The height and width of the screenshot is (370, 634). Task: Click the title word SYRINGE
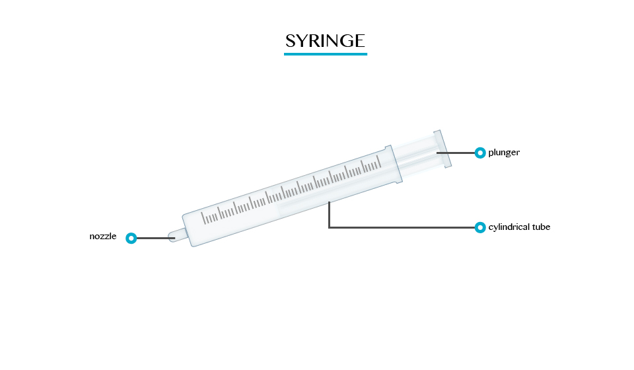pos(325,41)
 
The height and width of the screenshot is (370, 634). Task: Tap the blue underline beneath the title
pos(326,54)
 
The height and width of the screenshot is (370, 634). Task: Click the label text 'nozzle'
pos(103,236)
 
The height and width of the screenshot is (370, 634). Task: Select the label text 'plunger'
pos(504,153)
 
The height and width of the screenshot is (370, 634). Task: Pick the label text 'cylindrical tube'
pos(519,227)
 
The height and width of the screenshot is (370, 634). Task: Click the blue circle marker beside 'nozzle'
pos(131,238)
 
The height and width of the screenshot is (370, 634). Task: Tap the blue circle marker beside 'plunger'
pos(480,153)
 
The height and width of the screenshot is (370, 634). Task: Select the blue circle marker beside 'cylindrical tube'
pos(480,228)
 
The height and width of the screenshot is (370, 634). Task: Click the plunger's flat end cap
pos(442,149)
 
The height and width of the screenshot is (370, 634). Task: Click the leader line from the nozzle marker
pos(156,238)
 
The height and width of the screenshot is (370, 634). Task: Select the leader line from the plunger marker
pos(456,153)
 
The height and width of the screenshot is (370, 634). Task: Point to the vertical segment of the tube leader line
pos(329,215)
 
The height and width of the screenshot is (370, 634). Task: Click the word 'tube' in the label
pos(541,227)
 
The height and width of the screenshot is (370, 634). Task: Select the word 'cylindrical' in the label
pos(509,227)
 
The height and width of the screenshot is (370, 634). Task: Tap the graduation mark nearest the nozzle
pos(204,218)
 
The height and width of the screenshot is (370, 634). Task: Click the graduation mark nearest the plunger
pos(379,162)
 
